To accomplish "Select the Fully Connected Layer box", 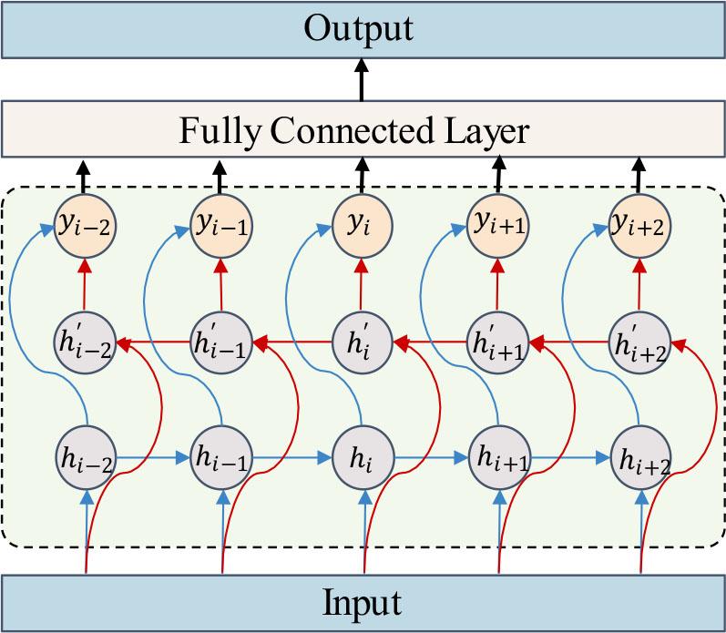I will coord(363,131).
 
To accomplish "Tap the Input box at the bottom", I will coord(363,602).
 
